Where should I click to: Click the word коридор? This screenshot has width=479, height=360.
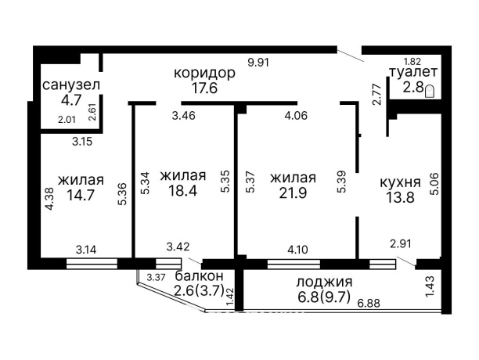pyautogui.click(x=204, y=73)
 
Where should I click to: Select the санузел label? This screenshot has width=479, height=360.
pyautogui.click(x=71, y=84)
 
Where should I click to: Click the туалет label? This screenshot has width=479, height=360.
pyautogui.click(x=411, y=73)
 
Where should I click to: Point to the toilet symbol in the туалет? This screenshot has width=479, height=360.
pyautogui.click(x=430, y=90)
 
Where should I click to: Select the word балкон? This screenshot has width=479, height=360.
pyautogui.click(x=200, y=275)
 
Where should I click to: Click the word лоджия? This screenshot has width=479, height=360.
pyautogui.click(x=324, y=281)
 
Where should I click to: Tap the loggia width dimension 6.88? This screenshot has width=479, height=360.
pyautogui.click(x=369, y=303)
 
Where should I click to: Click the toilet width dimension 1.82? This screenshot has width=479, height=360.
pyautogui.click(x=412, y=61)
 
